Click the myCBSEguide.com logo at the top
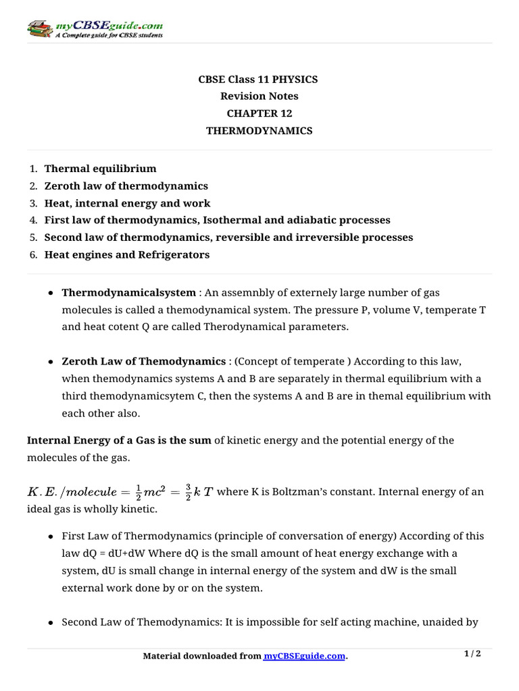pos(95,29)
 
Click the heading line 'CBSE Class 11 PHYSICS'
pos(259,80)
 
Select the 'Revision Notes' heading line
pos(259,96)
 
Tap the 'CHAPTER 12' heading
pos(259,113)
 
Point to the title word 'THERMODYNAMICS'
pos(259,131)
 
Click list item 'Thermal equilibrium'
pos(100,169)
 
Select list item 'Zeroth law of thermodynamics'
pos(126,186)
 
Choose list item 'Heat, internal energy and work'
pos(127,203)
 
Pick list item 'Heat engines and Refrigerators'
pos(127,254)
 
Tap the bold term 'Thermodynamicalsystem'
pos(128,293)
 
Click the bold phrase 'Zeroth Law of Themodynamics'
pos(143,361)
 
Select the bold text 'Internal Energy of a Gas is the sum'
pos(119,441)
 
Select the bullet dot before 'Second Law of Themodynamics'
pos(52,622)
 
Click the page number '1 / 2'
pos(472,654)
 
